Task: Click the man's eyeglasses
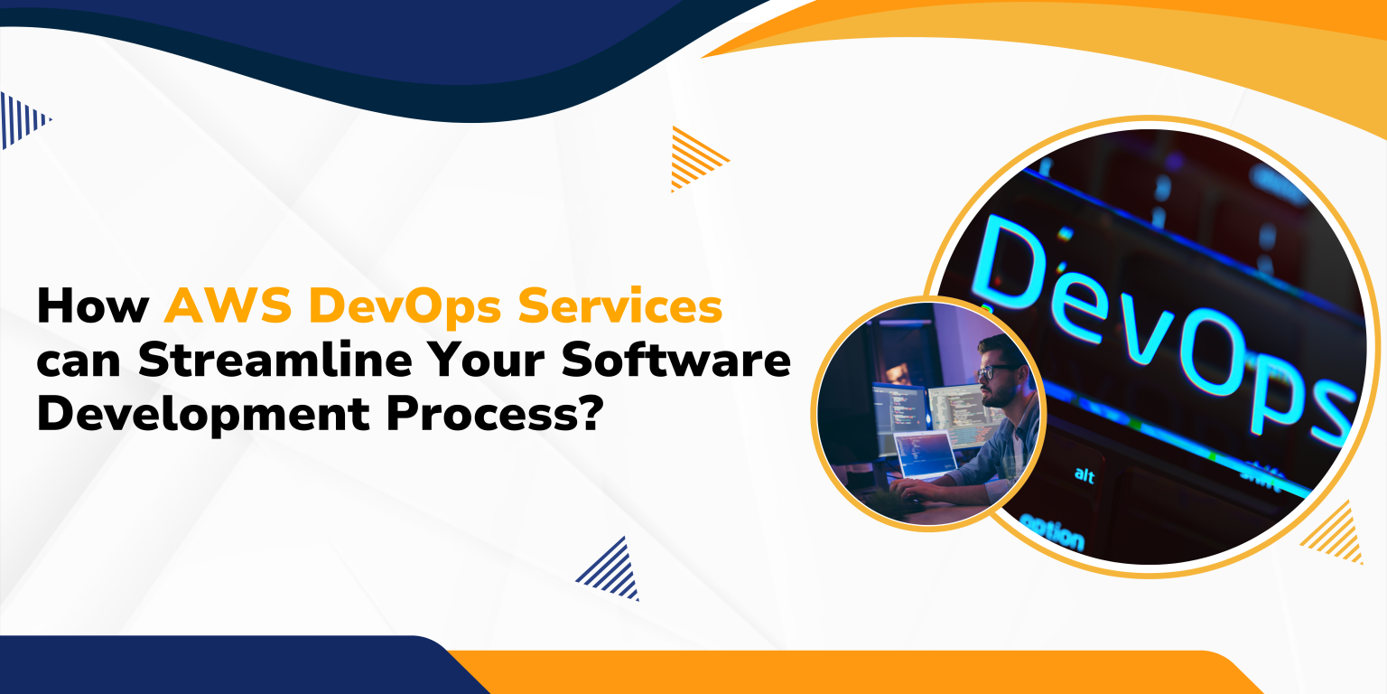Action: pyautogui.click(x=995, y=371)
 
